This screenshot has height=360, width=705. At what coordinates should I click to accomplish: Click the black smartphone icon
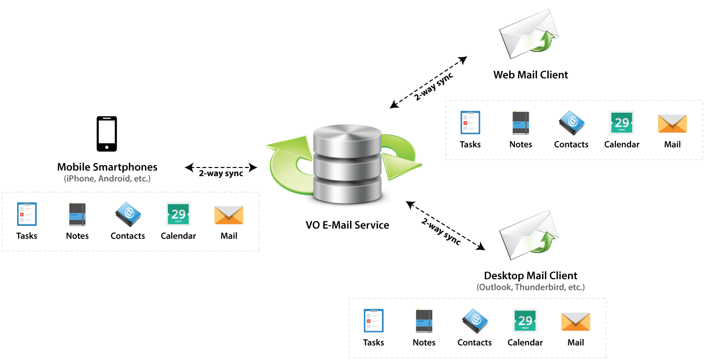[x=107, y=134]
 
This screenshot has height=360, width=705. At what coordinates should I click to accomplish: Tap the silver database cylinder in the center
[x=347, y=164]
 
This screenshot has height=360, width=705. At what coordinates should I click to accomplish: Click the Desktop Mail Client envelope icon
[x=529, y=235]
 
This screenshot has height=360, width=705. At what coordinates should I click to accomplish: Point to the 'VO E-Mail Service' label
[x=347, y=225]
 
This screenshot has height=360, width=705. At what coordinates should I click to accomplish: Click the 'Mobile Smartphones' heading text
[x=107, y=167]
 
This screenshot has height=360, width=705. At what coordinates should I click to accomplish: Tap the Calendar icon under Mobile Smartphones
[x=178, y=214]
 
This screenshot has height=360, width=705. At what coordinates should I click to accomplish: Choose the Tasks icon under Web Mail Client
[x=470, y=122]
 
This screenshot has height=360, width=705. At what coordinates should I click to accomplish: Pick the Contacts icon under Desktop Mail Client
[x=474, y=321]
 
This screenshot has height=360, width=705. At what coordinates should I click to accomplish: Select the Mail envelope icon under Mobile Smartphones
[x=229, y=215]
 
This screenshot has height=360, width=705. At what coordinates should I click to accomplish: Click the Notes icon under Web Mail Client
[x=520, y=123]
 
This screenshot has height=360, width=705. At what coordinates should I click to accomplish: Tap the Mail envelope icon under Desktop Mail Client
[x=576, y=322]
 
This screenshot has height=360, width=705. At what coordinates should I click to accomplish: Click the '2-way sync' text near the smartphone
[x=221, y=173]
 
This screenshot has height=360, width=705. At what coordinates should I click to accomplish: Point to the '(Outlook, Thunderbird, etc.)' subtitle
[x=531, y=287]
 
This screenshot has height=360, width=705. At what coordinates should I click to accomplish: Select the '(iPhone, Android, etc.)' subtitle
[x=107, y=179]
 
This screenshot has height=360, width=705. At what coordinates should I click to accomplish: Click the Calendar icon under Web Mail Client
[x=622, y=122]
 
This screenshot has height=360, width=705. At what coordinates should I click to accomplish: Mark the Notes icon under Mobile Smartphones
[x=77, y=214]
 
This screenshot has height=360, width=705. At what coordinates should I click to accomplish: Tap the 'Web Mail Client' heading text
[x=531, y=74]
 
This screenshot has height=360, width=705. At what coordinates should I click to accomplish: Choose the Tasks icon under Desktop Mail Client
[x=374, y=321]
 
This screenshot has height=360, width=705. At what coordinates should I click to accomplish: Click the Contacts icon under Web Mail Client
[x=571, y=123]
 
